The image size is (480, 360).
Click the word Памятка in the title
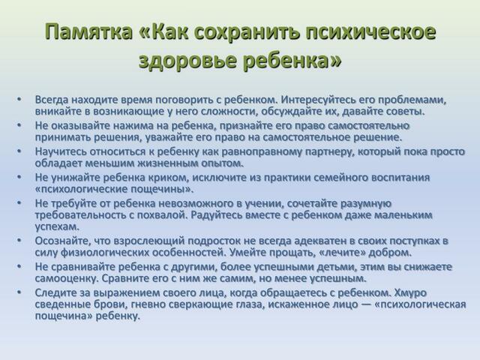tap(88, 31)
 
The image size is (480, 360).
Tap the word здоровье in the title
tap(187, 61)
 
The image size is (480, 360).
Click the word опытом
tap(222, 163)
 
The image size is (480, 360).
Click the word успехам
tap(57, 226)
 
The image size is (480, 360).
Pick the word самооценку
tap(67, 279)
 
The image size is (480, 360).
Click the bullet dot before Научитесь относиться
tap(19, 151)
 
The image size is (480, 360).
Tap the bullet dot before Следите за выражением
tap(19, 292)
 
